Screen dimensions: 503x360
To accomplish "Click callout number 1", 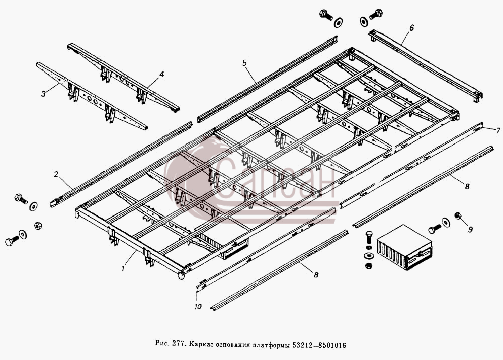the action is [x=123, y=268].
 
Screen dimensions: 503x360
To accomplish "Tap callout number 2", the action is [x=56, y=174].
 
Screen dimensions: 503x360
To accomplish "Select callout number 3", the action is [x=43, y=94].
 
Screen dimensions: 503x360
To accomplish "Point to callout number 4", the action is [x=161, y=75].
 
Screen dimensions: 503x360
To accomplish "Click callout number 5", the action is [x=245, y=63].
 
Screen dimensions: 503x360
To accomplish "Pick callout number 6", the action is [x=411, y=28].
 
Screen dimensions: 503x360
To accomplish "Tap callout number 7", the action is [x=498, y=131].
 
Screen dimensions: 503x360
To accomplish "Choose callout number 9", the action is [x=470, y=229].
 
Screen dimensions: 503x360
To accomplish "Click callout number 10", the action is [x=198, y=306].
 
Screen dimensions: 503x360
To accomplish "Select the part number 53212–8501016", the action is [x=319, y=345].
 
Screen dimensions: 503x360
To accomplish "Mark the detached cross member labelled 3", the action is [x=92, y=96].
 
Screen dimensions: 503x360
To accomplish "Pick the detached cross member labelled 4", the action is [x=123, y=78].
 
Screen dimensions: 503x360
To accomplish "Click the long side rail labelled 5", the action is [x=267, y=79].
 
